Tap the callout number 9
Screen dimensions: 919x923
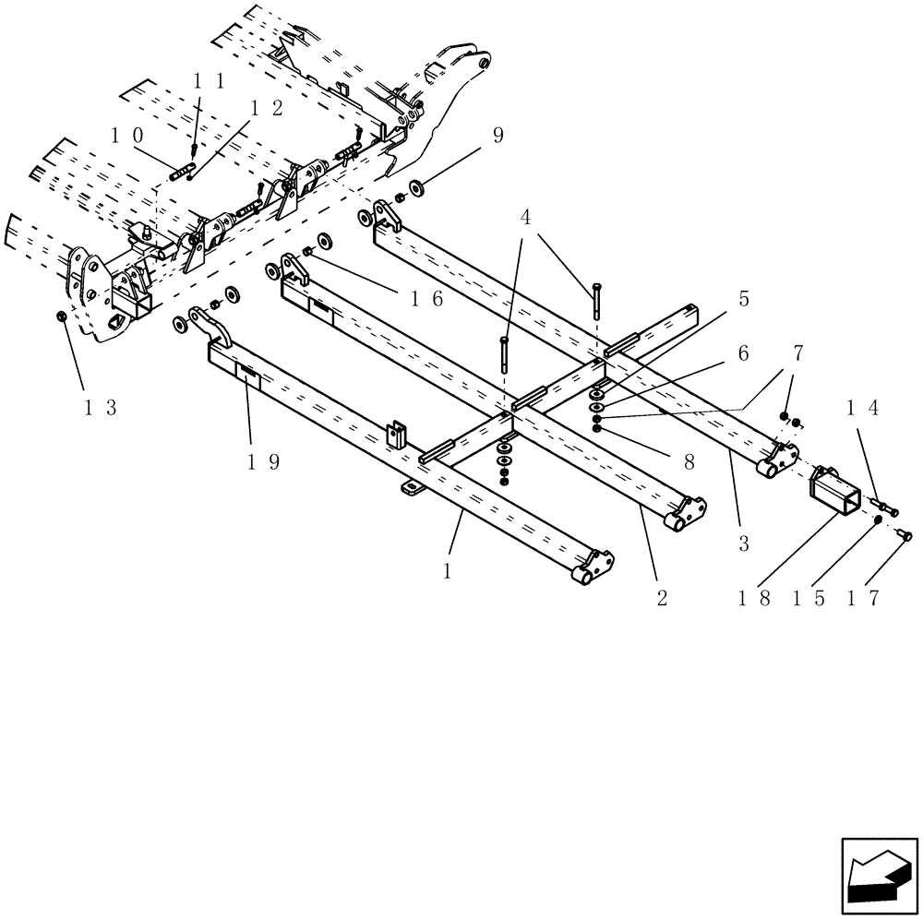coord(497,135)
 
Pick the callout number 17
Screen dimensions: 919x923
coord(863,598)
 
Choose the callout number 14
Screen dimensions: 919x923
coord(864,408)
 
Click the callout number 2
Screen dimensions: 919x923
coord(662,598)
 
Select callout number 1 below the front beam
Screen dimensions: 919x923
coord(447,572)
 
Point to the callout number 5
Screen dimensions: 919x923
coord(744,299)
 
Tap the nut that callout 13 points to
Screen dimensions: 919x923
coord(60,316)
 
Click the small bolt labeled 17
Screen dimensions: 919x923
coord(905,534)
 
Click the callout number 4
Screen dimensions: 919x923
coord(525,218)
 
